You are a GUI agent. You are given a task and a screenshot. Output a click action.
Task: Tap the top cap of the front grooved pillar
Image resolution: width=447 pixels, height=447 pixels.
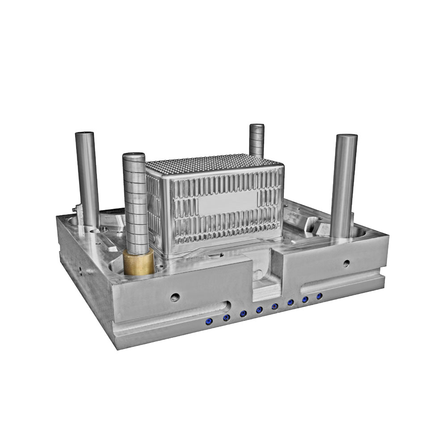click(x=134, y=156)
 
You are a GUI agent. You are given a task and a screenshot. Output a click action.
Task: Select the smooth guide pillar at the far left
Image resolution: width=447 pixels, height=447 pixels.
click(x=87, y=179)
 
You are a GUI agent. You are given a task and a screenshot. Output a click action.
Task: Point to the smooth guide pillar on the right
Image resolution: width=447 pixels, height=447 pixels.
click(x=344, y=186)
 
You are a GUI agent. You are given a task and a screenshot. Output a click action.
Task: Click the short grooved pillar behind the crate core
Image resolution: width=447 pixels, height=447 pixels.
click(x=257, y=140)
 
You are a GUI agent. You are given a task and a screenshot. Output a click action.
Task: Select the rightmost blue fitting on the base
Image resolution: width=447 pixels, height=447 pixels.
click(x=319, y=296)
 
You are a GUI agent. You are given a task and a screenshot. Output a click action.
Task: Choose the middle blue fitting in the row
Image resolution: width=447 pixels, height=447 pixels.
click(x=259, y=310)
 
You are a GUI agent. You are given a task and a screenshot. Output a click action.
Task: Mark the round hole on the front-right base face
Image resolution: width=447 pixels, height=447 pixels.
click(x=346, y=263)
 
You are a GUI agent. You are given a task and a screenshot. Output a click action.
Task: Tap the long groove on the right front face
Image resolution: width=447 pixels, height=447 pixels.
click(x=340, y=283)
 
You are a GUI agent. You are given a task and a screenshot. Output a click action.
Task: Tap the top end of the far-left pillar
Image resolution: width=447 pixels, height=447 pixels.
click(x=84, y=134)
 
